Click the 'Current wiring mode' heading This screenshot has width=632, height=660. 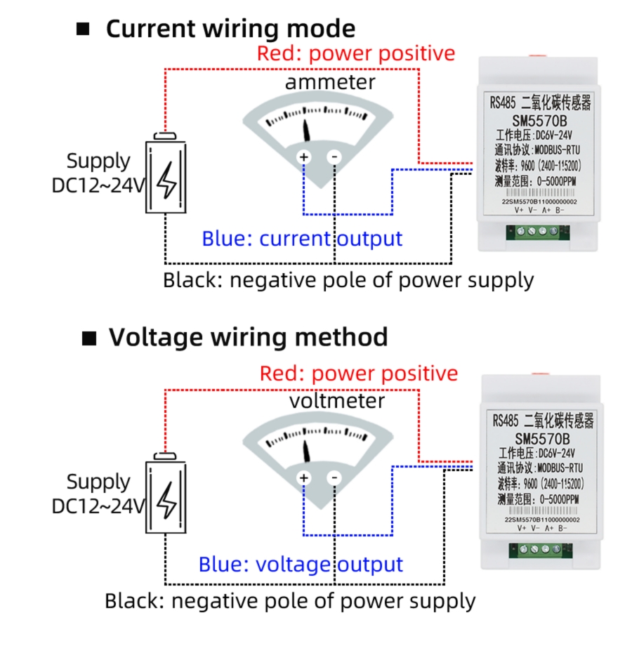coord(230,29)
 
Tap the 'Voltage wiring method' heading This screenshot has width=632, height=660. coord(248,337)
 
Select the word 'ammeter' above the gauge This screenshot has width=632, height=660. coord(330,82)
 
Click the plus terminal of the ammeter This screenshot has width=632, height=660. coord(304,157)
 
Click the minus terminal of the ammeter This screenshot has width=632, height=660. coord(335,157)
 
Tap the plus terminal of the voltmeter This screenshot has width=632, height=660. coord(304,478)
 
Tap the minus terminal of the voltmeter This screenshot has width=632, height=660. coord(335,478)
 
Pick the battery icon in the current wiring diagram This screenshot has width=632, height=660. coord(166,176)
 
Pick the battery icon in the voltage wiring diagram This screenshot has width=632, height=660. coord(166,497)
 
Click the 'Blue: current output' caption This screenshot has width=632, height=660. coord(302,239)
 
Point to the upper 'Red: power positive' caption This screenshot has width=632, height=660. coord(356,53)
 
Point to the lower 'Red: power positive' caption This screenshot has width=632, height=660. coord(358,374)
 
